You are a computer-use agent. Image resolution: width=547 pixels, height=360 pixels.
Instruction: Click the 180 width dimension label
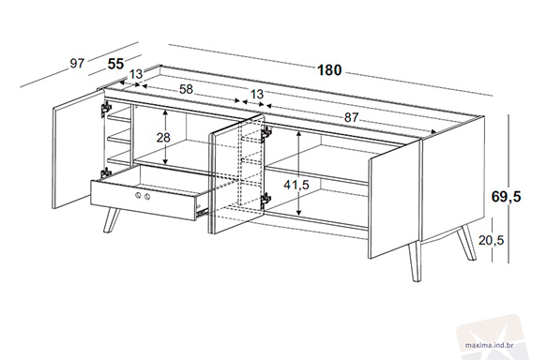(329, 70)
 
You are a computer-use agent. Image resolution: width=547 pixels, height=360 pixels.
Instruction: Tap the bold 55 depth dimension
(115, 64)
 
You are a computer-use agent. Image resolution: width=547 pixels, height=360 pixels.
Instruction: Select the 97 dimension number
(77, 64)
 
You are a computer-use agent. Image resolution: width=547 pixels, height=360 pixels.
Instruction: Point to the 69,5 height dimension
(506, 197)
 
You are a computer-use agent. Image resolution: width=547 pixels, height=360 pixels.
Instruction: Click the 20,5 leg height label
(492, 240)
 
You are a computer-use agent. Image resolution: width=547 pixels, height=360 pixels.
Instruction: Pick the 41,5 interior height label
(296, 185)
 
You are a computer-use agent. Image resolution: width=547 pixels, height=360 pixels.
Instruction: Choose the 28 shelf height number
(163, 138)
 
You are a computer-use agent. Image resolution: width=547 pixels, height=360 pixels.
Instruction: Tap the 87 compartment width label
(351, 118)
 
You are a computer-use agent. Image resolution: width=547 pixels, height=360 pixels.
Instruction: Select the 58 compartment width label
(186, 90)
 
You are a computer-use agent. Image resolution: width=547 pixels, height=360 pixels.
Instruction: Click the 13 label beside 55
(136, 74)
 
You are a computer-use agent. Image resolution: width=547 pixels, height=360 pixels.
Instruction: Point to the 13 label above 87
(257, 94)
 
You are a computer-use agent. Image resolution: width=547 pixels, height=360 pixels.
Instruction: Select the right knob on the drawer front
(147, 197)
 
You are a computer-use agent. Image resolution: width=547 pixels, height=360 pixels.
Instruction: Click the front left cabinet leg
(112, 220)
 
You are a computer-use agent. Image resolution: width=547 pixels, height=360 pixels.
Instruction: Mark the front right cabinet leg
(415, 262)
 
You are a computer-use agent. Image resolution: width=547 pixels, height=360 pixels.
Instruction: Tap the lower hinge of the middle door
(266, 200)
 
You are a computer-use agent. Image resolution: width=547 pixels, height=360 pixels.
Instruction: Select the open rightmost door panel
(395, 200)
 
